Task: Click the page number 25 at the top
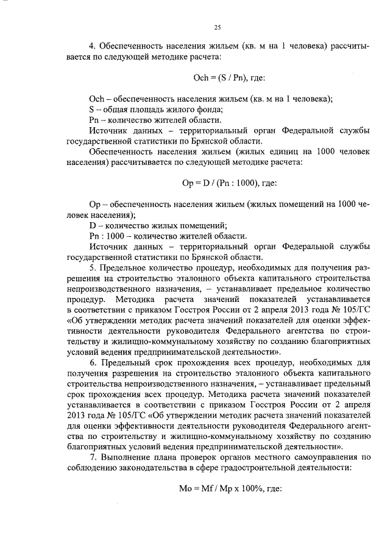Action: [218, 27]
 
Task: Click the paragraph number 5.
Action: [91, 268]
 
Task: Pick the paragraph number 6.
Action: [91, 364]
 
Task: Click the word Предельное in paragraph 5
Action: [124, 268]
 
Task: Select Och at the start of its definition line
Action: [97, 99]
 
